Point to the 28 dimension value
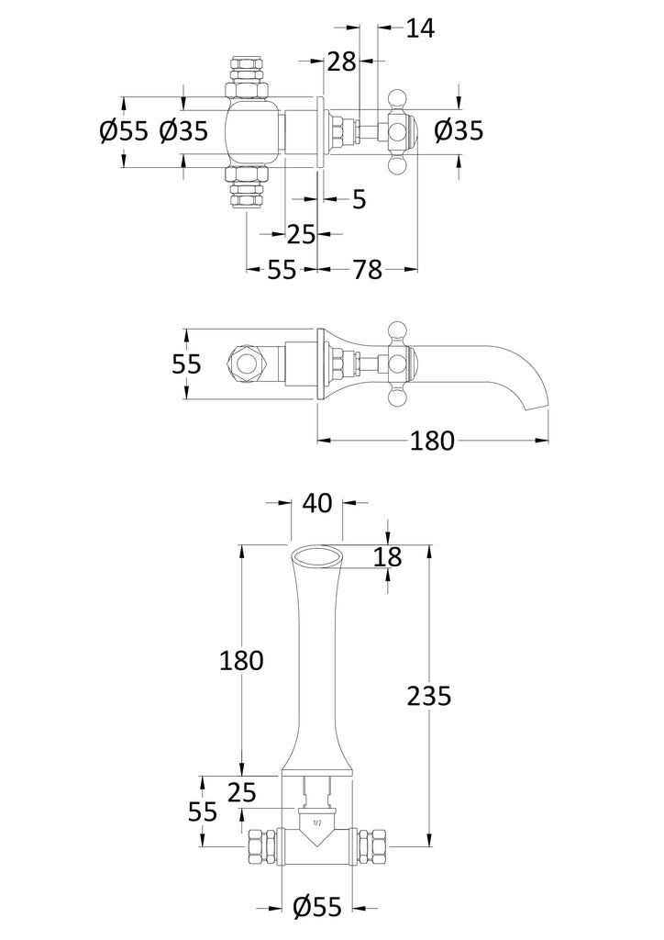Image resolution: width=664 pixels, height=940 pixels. coord(342,62)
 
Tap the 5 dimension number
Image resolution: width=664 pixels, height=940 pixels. coord(359,198)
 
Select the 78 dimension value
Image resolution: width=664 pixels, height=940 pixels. coord(368,269)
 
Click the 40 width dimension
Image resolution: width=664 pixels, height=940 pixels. coord(316,503)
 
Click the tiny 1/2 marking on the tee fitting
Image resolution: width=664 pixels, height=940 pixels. coord(317,823)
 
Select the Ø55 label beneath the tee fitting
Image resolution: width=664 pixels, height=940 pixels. coord(317,908)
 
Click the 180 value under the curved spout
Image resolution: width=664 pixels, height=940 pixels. coord(433,441)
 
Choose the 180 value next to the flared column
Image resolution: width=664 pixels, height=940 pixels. coord(241,659)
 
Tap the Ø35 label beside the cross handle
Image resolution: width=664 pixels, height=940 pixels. coord(458,131)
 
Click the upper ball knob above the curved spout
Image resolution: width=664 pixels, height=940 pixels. coord(397,329)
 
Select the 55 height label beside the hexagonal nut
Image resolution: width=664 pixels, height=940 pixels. coord(187,364)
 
